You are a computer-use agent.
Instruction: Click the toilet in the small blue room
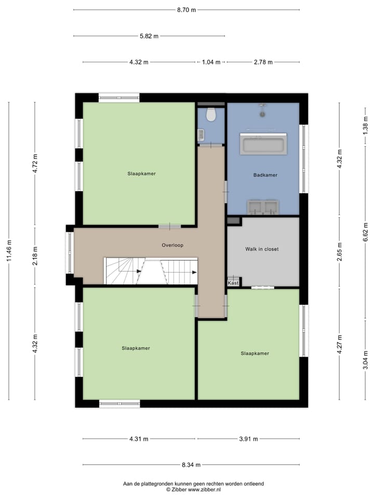(211, 114)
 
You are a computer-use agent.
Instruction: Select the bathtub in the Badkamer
(263, 144)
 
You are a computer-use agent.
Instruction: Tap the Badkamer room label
(265, 175)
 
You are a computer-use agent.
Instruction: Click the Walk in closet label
(262, 249)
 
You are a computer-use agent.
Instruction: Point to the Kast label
(233, 283)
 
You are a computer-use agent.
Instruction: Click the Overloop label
(172, 245)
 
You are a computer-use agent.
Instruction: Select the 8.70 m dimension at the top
(186, 9)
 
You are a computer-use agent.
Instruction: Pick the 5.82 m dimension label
(149, 36)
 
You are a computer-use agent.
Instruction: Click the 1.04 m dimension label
(211, 62)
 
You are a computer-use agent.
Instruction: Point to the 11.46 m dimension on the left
(9, 251)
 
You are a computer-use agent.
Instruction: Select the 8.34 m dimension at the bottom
(191, 465)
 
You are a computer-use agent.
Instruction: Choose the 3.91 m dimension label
(248, 439)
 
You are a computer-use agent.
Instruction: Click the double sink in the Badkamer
(263, 207)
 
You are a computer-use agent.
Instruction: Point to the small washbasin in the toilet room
(201, 136)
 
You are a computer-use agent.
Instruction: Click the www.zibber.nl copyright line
(193, 490)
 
